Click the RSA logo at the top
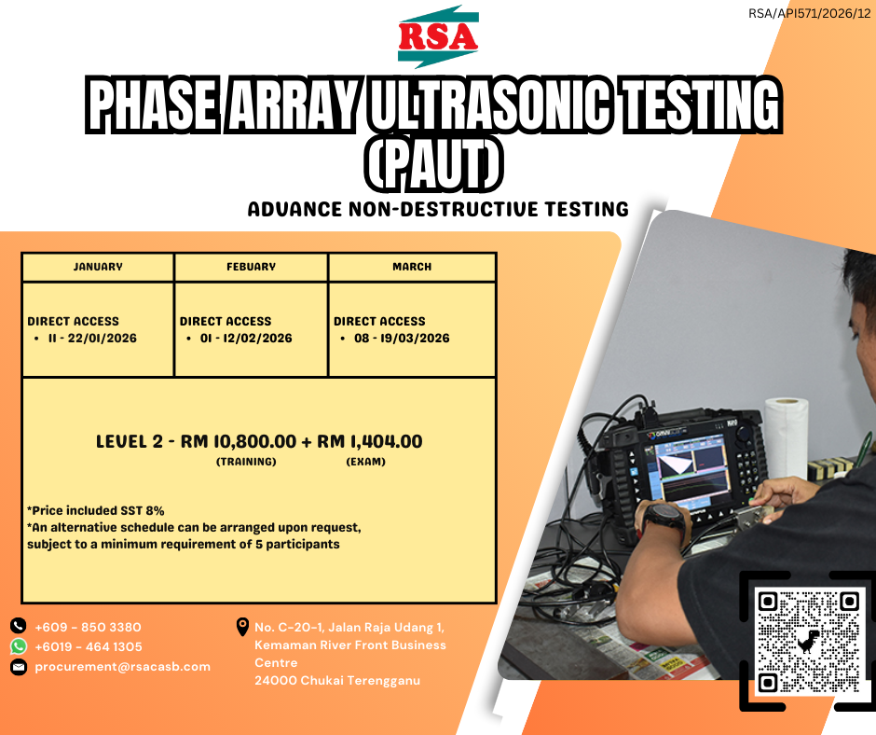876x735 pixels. [x=438, y=36]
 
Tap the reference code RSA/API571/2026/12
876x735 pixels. [x=810, y=13]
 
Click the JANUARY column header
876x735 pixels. [x=98, y=267]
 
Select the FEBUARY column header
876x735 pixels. [x=251, y=267]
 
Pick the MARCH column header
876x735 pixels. [x=412, y=267]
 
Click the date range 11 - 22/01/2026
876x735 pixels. [x=92, y=338]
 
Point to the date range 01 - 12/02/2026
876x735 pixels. [x=246, y=338]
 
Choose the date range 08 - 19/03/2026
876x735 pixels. [x=402, y=338]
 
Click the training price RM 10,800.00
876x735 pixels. [x=238, y=441]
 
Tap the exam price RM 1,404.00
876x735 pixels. [x=370, y=441]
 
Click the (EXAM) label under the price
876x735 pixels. [x=366, y=462]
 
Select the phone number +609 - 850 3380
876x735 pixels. [x=88, y=627]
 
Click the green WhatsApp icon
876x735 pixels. [x=19, y=646]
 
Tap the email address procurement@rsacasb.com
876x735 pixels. [x=122, y=667]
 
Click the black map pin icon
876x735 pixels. [x=242, y=627]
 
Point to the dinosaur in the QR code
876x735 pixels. [x=808, y=642]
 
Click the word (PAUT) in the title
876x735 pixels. [x=434, y=164]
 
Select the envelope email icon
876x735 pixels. [x=19, y=667]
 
